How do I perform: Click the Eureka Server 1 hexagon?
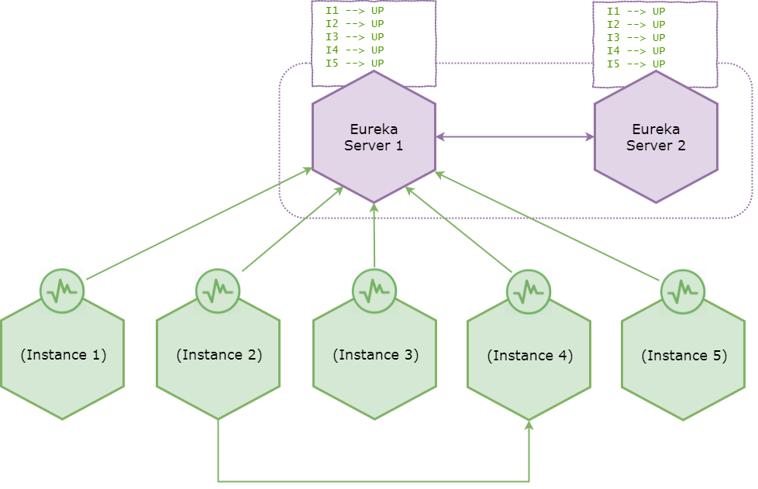tap(374, 137)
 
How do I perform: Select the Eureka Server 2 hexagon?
tap(656, 137)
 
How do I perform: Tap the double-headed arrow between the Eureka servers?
tap(515, 137)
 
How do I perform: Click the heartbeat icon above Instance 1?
tap(62, 291)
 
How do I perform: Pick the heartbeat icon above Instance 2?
tap(218, 291)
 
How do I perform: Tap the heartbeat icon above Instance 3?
tap(374, 291)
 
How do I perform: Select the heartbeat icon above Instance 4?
tap(529, 292)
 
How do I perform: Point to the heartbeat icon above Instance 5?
tap(683, 292)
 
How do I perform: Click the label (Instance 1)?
tap(64, 355)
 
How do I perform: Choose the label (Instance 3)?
tap(376, 355)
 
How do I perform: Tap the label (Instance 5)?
tap(684, 356)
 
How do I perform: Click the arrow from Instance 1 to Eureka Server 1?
tap(199, 223)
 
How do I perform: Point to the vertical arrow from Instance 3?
tap(374, 236)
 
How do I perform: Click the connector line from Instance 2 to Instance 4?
tap(374, 481)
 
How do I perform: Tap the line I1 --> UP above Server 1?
tap(354, 11)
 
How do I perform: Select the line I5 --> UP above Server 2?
tap(636, 64)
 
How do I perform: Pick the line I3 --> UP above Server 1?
tap(354, 36)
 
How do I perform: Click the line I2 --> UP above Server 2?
tap(636, 24)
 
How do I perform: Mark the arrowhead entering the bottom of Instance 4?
tap(529, 424)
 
